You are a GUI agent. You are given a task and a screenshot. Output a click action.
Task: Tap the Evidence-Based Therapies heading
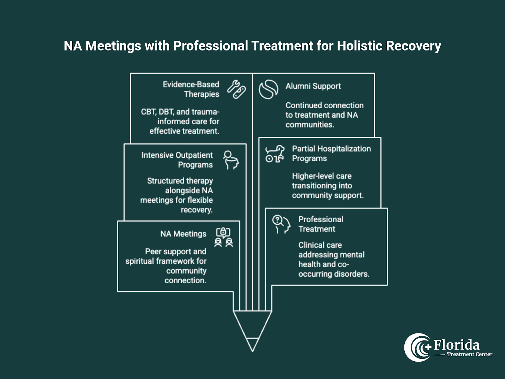tap(191, 89)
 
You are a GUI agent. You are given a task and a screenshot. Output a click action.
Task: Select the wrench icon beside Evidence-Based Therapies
tap(236, 89)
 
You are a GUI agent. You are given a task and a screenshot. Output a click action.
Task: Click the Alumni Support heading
tap(313, 86)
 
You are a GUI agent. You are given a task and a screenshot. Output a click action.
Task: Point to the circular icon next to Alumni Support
tap(268, 89)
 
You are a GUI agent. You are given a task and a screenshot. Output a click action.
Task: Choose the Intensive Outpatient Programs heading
tap(177, 160)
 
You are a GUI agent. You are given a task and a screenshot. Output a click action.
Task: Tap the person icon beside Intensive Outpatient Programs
tap(231, 160)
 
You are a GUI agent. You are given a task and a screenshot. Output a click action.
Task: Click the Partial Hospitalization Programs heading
tap(331, 153)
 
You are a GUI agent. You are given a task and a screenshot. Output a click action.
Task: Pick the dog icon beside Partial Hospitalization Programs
tap(275, 154)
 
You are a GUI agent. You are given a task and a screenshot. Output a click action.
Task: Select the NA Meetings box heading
tap(183, 234)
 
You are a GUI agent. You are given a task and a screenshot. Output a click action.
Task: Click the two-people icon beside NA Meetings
tap(223, 237)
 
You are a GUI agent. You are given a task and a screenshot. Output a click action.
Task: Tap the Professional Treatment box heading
tap(320, 224)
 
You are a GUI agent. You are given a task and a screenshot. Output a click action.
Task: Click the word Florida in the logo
tap(456, 345)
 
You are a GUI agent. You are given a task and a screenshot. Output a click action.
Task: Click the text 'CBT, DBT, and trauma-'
tap(180, 112)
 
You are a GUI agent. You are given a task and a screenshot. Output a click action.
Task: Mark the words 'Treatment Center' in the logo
tap(469, 354)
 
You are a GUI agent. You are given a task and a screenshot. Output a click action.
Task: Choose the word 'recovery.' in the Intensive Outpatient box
tap(197, 210)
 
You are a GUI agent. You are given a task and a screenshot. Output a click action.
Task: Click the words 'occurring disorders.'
tap(334, 274)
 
